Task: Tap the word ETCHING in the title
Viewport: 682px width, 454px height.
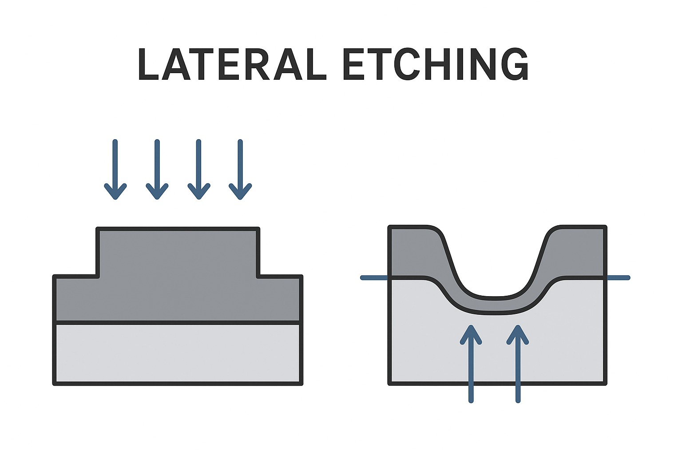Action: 436,64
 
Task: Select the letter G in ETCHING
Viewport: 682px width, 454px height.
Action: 515,64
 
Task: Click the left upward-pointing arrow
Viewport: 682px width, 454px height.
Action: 471,364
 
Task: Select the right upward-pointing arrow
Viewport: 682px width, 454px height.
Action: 518,364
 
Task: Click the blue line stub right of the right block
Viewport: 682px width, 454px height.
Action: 618,278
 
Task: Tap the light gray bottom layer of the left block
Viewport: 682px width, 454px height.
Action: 178,353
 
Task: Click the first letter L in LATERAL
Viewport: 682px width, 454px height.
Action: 148,64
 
